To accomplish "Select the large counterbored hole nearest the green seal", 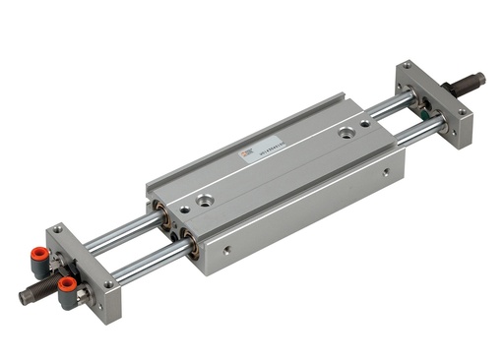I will (x=346, y=131).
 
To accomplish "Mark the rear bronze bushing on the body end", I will (x=157, y=210).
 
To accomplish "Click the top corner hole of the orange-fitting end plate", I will (x=58, y=229).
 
